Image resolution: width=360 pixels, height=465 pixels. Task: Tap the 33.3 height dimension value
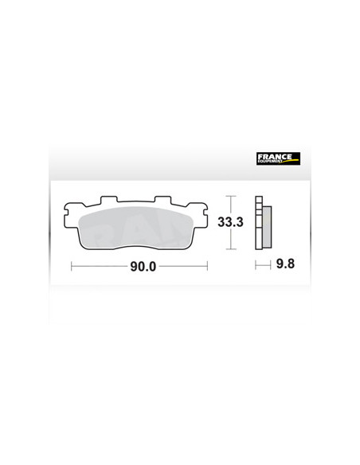click(x=232, y=223)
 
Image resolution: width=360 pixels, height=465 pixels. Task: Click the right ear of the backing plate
click(x=206, y=211)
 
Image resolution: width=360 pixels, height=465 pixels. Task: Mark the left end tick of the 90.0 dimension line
click(x=72, y=267)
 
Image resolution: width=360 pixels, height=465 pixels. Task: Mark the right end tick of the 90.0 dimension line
click(x=207, y=267)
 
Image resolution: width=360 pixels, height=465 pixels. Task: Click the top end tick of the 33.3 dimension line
click(x=230, y=196)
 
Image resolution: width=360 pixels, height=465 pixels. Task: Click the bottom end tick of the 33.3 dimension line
click(x=230, y=250)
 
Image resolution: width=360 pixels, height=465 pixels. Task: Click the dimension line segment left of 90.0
click(x=100, y=267)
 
